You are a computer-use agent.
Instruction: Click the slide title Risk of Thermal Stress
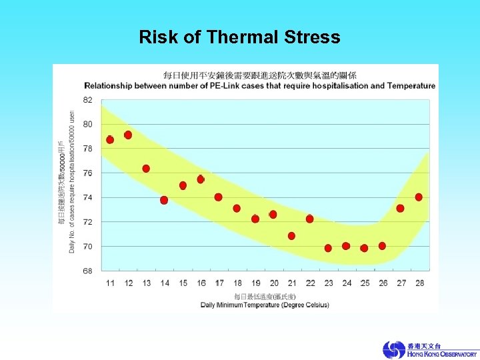239,37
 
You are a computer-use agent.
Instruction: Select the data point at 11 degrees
110,140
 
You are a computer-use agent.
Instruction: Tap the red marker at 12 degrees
128,135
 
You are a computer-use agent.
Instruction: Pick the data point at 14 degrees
164,200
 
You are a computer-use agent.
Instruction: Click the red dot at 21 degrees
291,236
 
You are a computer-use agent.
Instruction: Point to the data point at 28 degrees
419,197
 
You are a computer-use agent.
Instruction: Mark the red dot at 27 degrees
400,209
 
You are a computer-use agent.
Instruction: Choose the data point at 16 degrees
201,179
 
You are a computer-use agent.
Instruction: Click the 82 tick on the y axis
88,99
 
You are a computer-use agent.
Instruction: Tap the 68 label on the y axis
88,271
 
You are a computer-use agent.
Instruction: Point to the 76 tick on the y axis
88,173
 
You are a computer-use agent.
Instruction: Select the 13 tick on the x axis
147,283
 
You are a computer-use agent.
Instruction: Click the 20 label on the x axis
273,283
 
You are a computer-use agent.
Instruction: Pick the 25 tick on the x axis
365,283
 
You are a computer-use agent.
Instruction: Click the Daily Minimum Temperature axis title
265,305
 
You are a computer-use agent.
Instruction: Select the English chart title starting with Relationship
259,86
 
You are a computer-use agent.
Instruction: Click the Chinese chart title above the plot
260,75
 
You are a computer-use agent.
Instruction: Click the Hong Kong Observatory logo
429,350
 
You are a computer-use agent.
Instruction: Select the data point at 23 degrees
328,248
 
